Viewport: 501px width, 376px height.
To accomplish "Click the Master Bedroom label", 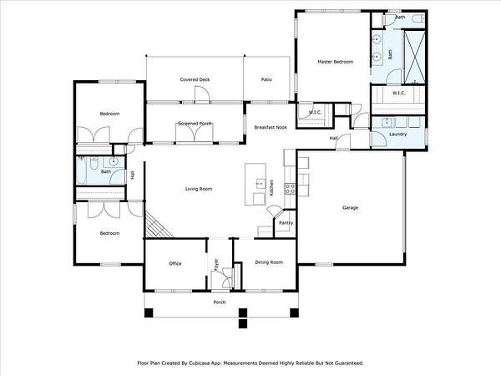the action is click(x=335, y=62).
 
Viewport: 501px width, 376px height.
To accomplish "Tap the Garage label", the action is click(x=350, y=207).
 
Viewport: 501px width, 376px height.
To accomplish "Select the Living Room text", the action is click(x=199, y=189).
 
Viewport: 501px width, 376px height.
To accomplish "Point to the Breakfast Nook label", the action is click(x=271, y=127).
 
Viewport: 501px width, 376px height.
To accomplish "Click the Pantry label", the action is click(x=286, y=223).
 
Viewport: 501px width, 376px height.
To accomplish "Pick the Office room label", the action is click(x=175, y=263).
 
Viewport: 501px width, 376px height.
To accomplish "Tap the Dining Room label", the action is click(x=269, y=262).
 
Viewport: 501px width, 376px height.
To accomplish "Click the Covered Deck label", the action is click(x=195, y=79).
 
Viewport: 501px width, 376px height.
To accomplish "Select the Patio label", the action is click(x=266, y=79).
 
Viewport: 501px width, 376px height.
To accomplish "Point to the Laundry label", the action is click(x=397, y=134).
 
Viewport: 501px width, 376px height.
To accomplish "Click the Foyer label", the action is click(x=216, y=265).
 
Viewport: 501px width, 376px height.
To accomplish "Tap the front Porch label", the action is click(x=220, y=302).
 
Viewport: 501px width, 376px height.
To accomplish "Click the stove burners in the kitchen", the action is click(x=290, y=189).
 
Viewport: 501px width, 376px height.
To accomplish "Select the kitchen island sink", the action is click(x=261, y=184).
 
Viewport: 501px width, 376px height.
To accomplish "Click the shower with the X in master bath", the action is click(x=415, y=57).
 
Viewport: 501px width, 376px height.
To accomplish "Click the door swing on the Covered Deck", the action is click(x=202, y=95).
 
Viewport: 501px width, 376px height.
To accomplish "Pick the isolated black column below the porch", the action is click(x=243, y=323).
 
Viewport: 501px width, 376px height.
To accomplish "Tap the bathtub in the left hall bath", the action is click(x=81, y=170).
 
